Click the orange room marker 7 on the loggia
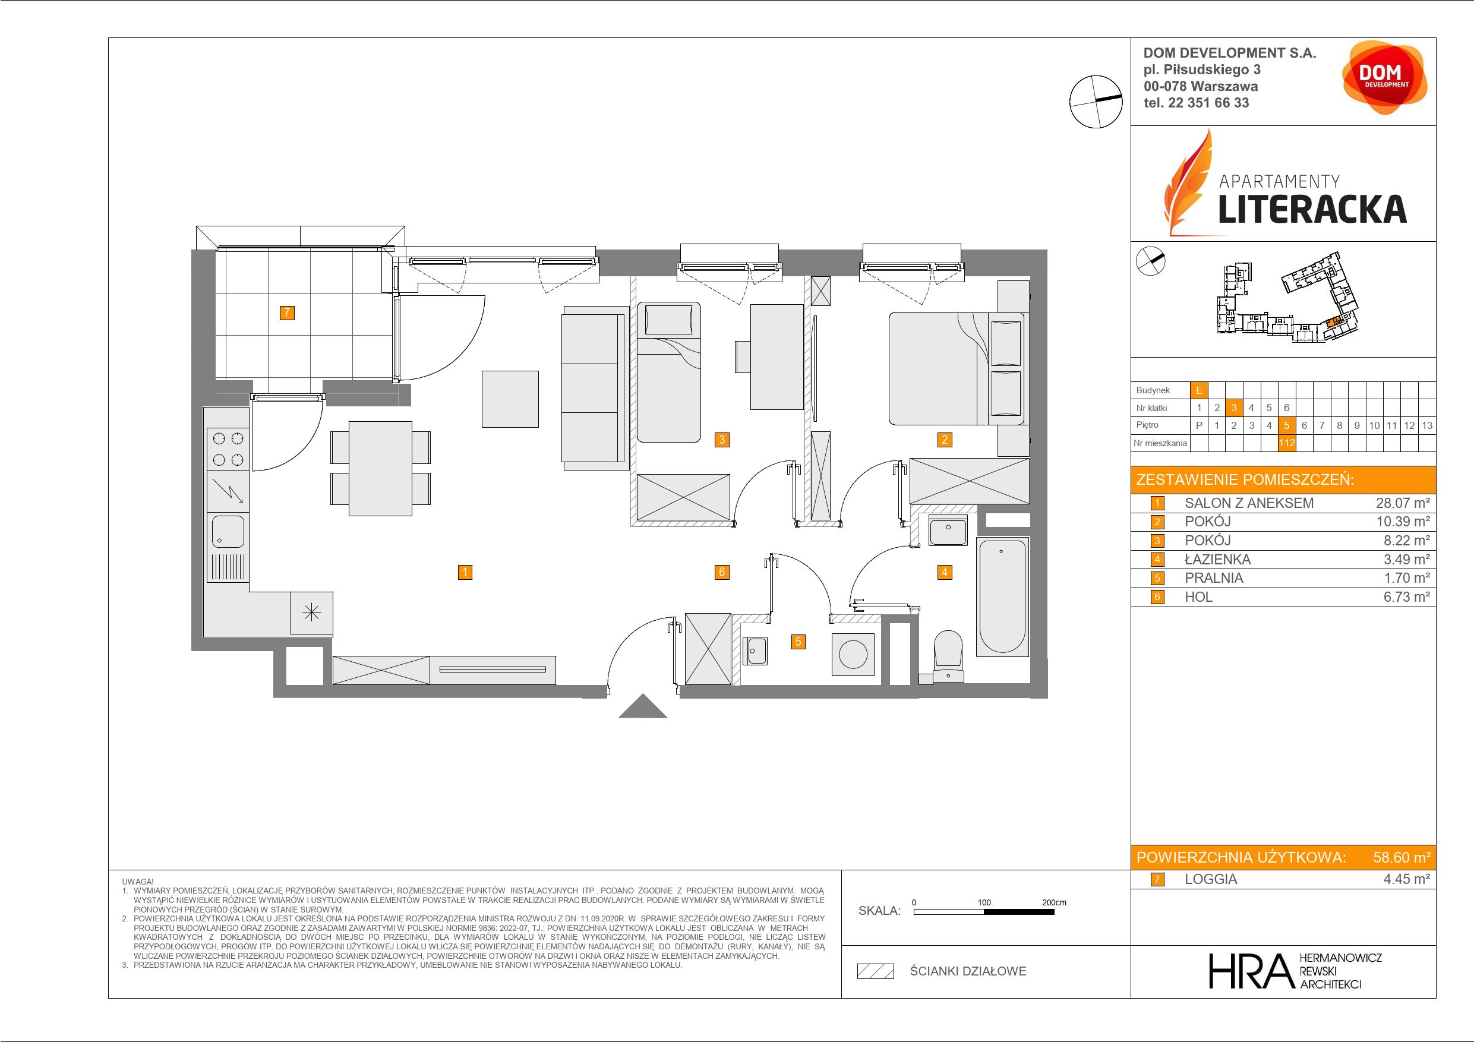(287, 312)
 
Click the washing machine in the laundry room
(853, 655)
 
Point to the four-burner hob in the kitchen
(228, 449)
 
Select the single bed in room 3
(668, 372)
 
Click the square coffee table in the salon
(510, 399)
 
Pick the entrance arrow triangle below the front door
(643, 707)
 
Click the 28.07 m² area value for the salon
(1402, 503)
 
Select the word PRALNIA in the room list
(1214, 578)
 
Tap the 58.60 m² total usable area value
(1402, 857)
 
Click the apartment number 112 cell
(1286, 443)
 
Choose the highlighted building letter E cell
(1198, 390)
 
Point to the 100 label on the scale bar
(984, 902)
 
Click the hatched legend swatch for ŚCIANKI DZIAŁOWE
(876, 971)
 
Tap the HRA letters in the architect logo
(1250, 971)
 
